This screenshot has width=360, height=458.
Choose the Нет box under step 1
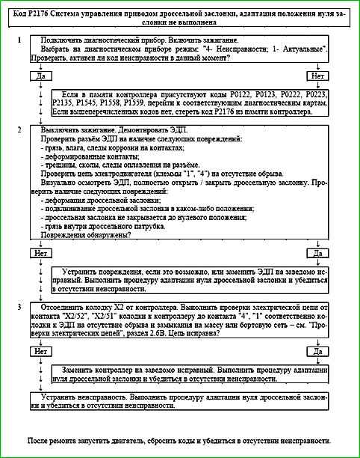coord(317,76)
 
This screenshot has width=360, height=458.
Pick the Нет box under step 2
coord(40,253)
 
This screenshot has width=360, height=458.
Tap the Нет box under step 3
coord(40,350)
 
